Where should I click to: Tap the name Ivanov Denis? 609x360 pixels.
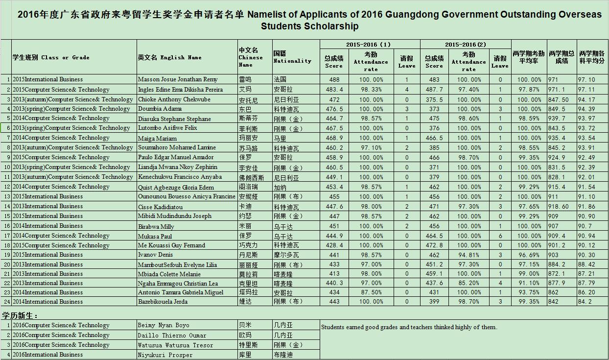click(155, 255)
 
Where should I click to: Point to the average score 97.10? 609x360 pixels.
click(586, 79)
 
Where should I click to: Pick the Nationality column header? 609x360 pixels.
click(292, 57)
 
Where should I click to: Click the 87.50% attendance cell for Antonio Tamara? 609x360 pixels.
click(371, 292)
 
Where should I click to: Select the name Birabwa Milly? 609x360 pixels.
click(156, 226)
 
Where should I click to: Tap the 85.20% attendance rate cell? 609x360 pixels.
click(468, 283)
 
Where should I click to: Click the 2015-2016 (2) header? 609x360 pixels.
click(465, 45)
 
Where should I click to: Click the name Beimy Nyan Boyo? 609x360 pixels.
click(163, 325)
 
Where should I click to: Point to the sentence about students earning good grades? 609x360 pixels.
click(409, 327)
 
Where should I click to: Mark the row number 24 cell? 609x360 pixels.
click(6, 302)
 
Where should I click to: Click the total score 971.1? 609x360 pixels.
click(557, 90)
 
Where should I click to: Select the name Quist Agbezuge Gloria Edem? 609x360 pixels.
click(176, 187)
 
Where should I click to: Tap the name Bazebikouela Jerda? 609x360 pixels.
click(163, 302)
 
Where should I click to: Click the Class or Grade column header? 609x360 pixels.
click(51, 57)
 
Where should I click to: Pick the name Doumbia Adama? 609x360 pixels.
click(160, 109)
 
